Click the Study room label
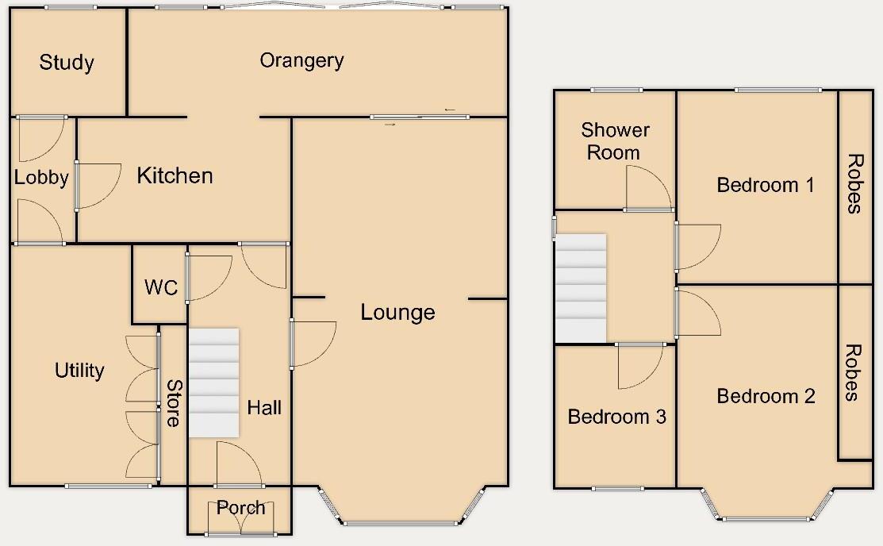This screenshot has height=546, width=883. pyautogui.click(x=67, y=63)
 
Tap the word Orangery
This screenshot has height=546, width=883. pyautogui.click(x=301, y=60)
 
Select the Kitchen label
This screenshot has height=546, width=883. pyautogui.click(x=175, y=175)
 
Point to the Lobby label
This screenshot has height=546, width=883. pyautogui.click(x=41, y=178)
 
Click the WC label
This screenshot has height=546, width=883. pyautogui.click(x=161, y=287)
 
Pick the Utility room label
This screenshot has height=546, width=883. pyautogui.click(x=79, y=370)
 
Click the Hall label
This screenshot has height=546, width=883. pyautogui.click(x=264, y=408)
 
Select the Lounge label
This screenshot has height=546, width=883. pyautogui.click(x=397, y=312)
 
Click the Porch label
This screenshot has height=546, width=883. pyautogui.click(x=240, y=508)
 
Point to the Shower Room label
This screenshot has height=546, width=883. pyautogui.click(x=615, y=140)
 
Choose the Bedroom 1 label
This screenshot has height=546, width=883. pyautogui.click(x=765, y=185)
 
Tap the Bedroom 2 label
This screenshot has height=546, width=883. pyautogui.click(x=766, y=396)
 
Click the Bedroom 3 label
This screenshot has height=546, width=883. pyautogui.click(x=616, y=417)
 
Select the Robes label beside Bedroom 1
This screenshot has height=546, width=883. pyautogui.click(x=854, y=184)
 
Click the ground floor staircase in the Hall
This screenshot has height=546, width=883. pyautogui.click(x=213, y=383)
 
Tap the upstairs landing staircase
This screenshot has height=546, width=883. pyautogui.click(x=580, y=286)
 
